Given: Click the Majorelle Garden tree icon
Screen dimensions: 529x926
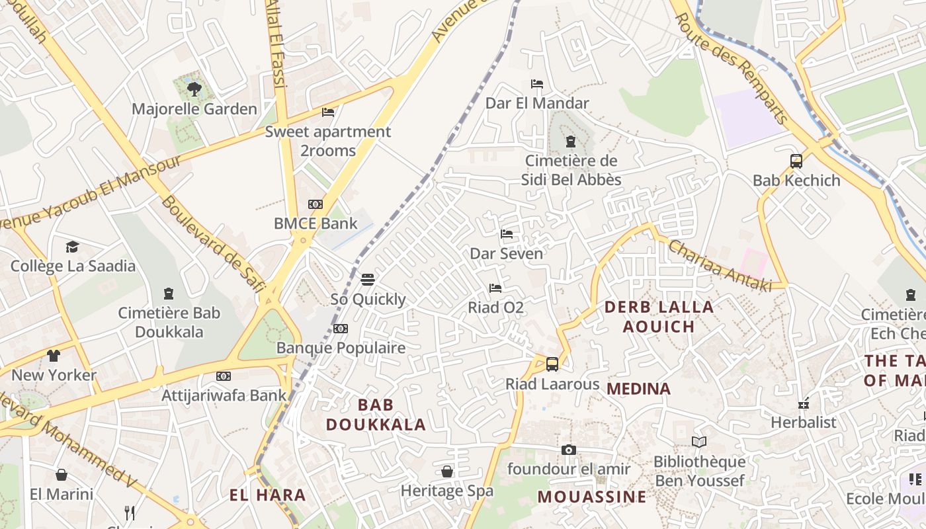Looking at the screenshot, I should click(x=194, y=89).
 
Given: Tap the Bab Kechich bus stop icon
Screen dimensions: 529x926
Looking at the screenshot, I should click(x=796, y=161).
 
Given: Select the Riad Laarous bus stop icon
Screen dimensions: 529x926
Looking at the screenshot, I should click(x=552, y=364).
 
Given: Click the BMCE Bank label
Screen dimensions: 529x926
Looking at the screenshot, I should click(x=316, y=224).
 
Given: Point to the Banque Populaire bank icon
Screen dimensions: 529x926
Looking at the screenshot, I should click(x=341, y=329).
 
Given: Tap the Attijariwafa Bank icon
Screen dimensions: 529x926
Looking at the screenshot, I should click(x=224, y=376).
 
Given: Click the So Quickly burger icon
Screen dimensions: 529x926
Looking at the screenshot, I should click(x=368, y=280).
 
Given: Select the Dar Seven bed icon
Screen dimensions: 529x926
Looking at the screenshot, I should click(x=507, y=234).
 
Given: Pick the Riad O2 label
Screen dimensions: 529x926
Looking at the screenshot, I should click(x=495, y=307).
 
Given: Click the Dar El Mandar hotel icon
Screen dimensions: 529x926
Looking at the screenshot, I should click(x=537, y=84).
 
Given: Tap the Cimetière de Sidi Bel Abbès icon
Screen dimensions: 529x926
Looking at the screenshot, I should click(x=571, y=142).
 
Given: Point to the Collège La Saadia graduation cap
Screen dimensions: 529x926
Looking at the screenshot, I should click(x=72, y=247).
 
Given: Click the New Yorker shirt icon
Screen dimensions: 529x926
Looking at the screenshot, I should click(x=54, y=356).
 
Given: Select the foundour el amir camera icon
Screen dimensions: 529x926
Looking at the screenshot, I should click(x=568, y=450).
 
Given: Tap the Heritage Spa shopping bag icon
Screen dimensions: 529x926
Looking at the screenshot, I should click(x=447, y=471).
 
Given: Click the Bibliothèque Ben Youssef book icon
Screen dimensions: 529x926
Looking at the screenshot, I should click(x=699, y=442).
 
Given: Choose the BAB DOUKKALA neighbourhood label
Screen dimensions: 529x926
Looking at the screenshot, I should click(x=376, y=415).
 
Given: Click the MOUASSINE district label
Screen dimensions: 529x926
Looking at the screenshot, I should click(x=591, y=497).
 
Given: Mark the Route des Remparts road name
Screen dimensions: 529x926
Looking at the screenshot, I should click(x=732, y=68).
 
